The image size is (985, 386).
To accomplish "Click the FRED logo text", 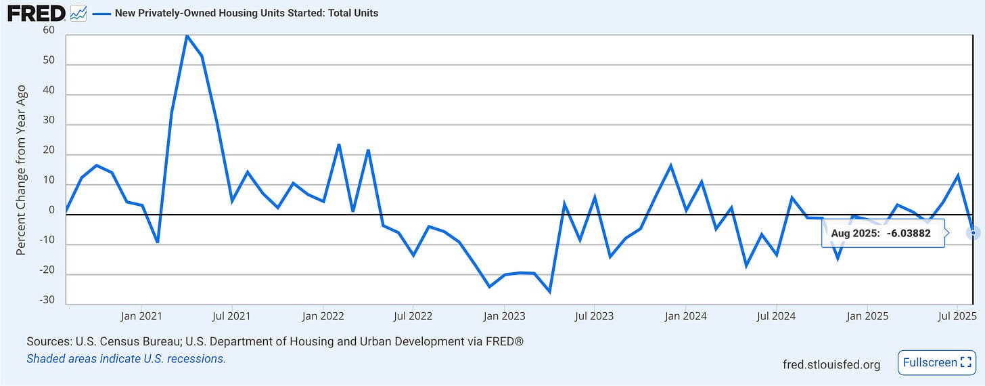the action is coord(37,14).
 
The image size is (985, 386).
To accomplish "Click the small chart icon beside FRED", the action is coord(78,14).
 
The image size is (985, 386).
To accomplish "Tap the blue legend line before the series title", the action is coord(101,14).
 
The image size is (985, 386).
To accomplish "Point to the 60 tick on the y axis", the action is coord(49,30).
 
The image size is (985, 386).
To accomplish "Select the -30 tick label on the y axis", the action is coord(47,300).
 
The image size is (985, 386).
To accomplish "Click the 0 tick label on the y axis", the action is coord(52,210).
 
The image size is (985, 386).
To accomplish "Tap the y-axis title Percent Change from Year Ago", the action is coord(21,170).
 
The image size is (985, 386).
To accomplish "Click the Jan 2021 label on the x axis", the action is coord(141,316).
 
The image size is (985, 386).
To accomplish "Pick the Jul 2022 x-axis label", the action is coord(413,316).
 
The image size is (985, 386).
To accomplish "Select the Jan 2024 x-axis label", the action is coord(685,316).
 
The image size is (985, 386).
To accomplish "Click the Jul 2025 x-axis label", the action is coord(957,316).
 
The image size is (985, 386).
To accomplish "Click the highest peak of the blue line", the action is coord(187,36).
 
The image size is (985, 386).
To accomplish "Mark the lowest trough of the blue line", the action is coord(549,292).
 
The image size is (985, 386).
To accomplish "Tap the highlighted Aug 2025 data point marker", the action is coord(973,233).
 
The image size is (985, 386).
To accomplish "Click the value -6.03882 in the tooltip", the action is coord(909,233).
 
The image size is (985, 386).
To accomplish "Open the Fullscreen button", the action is coord(936,363).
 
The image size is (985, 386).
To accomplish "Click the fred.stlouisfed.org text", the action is coord(831,364).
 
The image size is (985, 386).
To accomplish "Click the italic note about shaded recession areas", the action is coord(127,359).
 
